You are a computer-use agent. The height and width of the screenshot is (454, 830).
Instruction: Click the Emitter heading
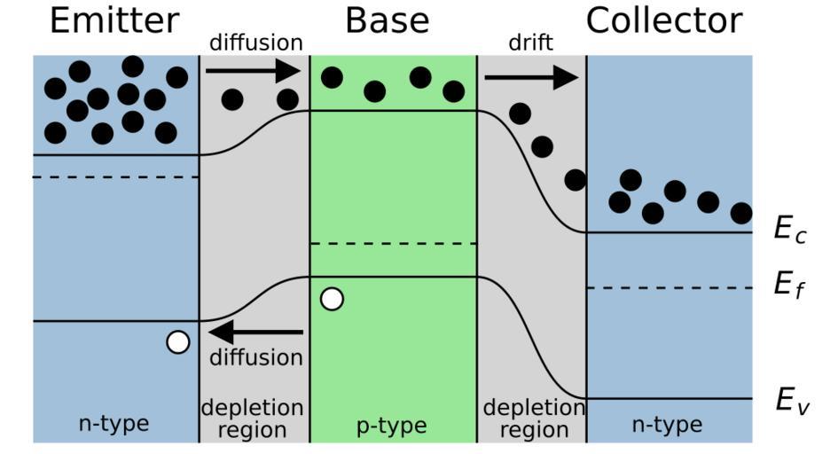pos(114,20)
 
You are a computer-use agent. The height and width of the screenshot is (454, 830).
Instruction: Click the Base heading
pos(387,20)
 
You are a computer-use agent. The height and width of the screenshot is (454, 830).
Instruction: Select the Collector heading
pos(664,20)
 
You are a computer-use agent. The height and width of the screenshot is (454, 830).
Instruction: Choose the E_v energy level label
pos(789,401)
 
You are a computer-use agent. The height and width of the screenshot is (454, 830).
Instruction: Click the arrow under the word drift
pos(531,78)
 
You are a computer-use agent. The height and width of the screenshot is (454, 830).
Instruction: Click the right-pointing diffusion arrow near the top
pos(254,68)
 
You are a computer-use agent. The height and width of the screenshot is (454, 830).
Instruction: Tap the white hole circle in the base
pos(332,299)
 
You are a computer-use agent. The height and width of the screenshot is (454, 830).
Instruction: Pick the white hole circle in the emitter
pos(178,341)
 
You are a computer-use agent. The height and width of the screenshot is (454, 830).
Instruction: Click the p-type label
pos(391,427)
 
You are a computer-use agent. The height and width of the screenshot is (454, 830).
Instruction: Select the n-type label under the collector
pos(667,425)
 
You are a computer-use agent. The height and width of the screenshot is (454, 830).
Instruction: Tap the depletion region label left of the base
pos(253,419)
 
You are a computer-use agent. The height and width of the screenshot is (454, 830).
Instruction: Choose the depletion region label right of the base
pos(533,419)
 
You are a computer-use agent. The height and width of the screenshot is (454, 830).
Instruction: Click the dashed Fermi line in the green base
pos(393,243)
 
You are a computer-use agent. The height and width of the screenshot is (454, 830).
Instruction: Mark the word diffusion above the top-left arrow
pos(255,43)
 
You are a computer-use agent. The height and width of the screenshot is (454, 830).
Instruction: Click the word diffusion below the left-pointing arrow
pos(256,358)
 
